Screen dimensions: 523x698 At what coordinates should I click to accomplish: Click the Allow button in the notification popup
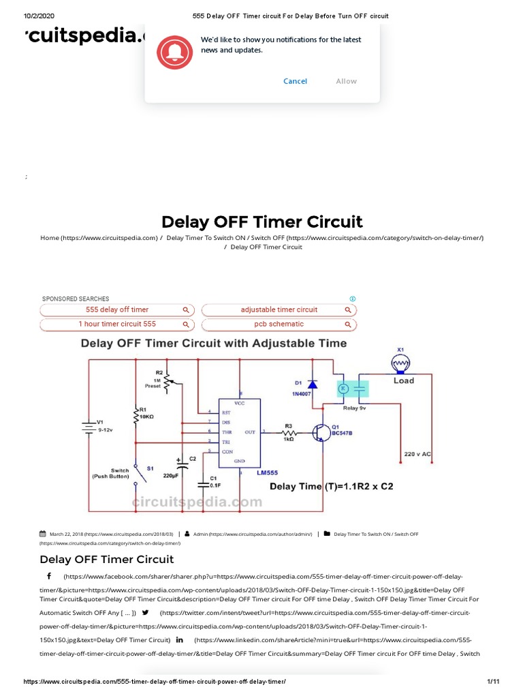tap(346, 81)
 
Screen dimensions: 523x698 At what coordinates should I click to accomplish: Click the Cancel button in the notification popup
tap(295, 81)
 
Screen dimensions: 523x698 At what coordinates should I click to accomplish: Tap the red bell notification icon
tap(175, 52)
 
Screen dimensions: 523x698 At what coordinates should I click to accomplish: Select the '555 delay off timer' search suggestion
tap(116, 309)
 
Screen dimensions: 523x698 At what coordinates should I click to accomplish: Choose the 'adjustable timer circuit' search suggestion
tap(279, 309)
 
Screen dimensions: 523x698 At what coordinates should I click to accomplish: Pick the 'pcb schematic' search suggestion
tap(279, 324)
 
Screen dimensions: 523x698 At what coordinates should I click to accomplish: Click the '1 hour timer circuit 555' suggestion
tap(116, 324)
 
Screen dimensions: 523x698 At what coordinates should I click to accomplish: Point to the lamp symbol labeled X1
tap(400, 365)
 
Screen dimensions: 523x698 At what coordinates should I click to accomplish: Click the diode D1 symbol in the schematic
tap(312, 385)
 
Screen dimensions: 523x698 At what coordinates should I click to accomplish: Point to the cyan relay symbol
tap(353, 389)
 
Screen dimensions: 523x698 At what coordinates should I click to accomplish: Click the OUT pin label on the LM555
tap(250, 432)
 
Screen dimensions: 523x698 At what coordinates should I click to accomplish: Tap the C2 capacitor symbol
tap(181, 466)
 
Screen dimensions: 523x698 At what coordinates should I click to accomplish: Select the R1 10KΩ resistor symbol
tap(136, 417)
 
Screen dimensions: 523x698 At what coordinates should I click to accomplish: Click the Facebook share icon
tap(49, 576)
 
